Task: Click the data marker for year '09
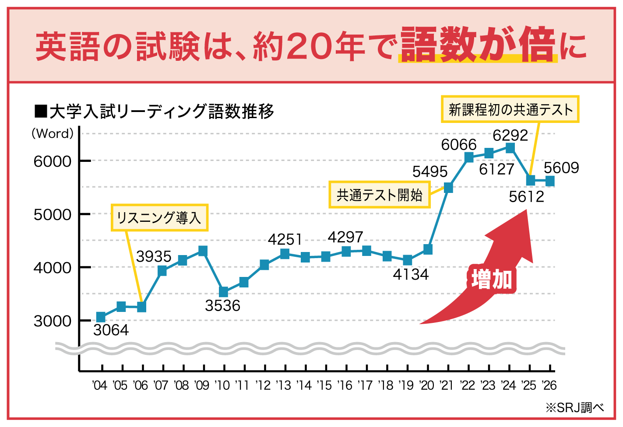click(x=203, y=251)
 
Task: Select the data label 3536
click(x=222, y=305)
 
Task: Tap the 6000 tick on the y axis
click(x=53, y=161)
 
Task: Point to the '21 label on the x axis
click(x=447, y=385)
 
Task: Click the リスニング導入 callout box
click(x=159, y=217)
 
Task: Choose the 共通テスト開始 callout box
click(x=379, y=195)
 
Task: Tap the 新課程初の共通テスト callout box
click(x=510, y=109)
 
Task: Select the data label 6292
click(x=510, y=135)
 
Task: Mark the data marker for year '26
click(x=550, y=181)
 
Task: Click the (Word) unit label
click(x=53, y=133)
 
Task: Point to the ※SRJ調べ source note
click(x=574, y=408)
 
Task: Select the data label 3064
click(x=111, y=330)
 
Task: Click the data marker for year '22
click(x=469, y=157)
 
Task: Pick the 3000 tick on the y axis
click(x=53, y=321)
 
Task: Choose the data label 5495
click(x=430, y=171)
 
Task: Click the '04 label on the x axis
click(x=100, y=385)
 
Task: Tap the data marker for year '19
click(x=408, y=260)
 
